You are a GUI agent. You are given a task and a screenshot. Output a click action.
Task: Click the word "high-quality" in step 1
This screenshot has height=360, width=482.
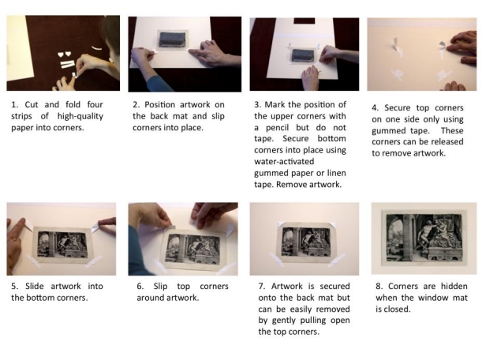click(x=80, y=116)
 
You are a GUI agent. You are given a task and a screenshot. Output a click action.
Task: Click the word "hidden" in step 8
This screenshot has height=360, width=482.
click(x=454, y=286)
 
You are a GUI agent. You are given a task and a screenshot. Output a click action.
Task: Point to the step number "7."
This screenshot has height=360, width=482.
click(x=262, y=286)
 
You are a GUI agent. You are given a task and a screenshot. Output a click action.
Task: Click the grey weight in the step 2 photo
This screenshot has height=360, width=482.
click(x=173, y=39)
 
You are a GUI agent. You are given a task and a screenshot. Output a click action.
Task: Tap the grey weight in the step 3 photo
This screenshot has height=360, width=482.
click(x=303, y=56)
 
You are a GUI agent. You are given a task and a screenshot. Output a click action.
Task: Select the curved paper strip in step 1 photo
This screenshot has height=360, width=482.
click(x=97, y=48)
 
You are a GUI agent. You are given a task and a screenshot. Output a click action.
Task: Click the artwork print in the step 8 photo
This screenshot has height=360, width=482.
click(x=424, y=238)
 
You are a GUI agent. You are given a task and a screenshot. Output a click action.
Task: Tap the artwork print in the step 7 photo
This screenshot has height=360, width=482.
click(x=305, y=243)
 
